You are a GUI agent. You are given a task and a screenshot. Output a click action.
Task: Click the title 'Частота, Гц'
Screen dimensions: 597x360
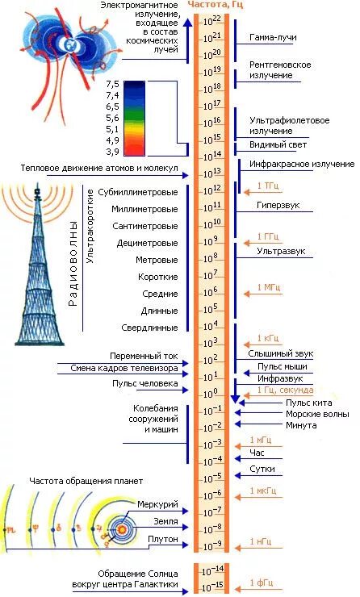tap(216, 5)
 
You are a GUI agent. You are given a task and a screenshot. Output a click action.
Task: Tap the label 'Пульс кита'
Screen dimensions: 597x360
tap(308, 402)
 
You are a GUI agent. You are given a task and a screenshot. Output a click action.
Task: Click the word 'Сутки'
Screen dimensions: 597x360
tap(263, 469)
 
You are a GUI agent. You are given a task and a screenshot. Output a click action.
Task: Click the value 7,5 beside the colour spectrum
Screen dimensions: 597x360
tap(111, 84)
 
